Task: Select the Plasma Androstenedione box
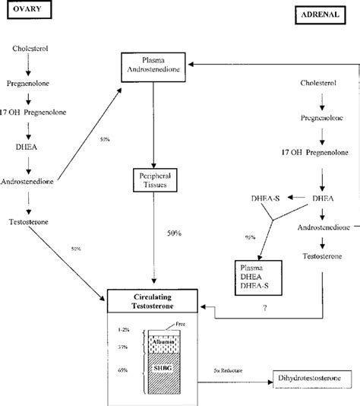pyautogui.click(x=155, y=66)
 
